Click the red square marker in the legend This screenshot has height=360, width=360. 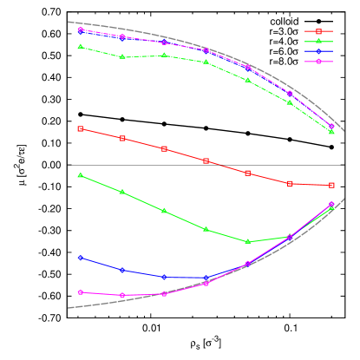point(318,31)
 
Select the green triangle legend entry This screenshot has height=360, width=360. point(318,42)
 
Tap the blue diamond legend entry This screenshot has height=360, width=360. point(318,51)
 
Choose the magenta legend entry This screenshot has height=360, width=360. point(318,62)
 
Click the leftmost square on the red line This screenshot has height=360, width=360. point(81,128)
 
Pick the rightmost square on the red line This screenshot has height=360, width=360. point(331,185)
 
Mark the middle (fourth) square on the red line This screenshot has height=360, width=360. point(206,161)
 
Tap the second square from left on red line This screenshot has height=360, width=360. point(122,139)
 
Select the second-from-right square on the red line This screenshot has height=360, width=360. point(290,183)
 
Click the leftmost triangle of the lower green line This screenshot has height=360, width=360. point(81,175)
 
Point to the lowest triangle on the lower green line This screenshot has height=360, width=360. point(248,241)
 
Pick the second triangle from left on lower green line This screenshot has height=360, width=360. point(122,192)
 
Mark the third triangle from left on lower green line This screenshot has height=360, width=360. point(164,211)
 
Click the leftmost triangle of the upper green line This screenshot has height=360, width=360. point(81,47)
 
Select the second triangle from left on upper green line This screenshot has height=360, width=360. point(122,57)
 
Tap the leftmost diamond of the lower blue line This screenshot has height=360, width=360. point(81,258)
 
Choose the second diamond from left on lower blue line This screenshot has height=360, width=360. point(122,271)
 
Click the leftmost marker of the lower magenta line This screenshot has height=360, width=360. point(81,292)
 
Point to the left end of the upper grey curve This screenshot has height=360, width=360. point(69,22)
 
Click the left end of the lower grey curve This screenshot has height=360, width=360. point(69,307)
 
